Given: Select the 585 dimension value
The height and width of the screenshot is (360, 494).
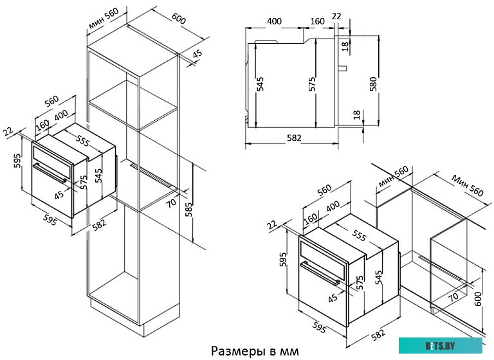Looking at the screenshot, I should click(x=189, y=209).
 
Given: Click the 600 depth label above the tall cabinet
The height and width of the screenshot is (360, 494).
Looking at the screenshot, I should click(x=179, y=20).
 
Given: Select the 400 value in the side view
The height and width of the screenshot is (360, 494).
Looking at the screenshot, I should click(x=274, y=21).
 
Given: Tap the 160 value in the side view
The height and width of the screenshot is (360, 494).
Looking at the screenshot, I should click(x=317, y=21).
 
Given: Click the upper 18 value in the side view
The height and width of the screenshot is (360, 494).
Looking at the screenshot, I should click(x=345, y=45).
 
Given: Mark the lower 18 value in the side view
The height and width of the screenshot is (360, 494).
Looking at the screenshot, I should click(x=356, y=115).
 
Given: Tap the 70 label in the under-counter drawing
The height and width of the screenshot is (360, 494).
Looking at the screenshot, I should click(x=453, y=296).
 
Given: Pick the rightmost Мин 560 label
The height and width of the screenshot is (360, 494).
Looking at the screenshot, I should click(x=467, y=186).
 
